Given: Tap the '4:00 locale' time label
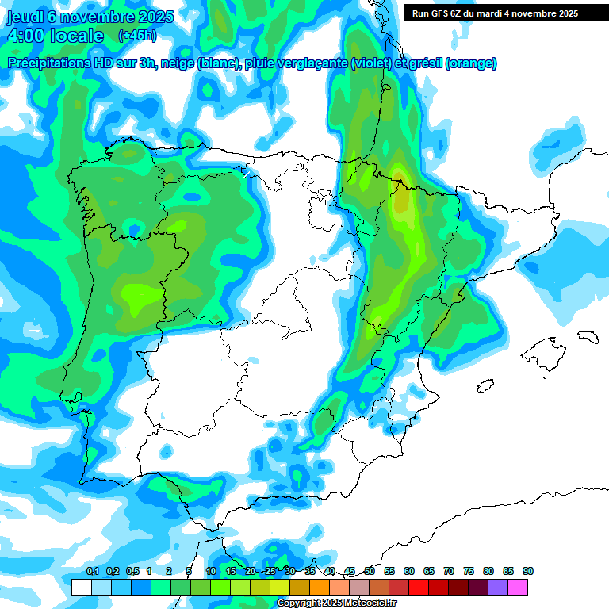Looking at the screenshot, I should click(x=55, y=36).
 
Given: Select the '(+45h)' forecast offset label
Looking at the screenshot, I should click(x=137, y=36).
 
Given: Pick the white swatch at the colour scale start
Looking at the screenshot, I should click(x=81, y=587).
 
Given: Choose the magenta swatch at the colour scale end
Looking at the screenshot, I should click(x=518, y=587).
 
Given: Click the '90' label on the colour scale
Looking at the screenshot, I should click(x=527, y=571).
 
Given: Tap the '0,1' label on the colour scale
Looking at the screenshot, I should click(x=92, y=571).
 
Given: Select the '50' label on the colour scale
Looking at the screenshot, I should click(x=370, y=571).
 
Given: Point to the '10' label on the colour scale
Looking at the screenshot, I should click(x=211, y=571).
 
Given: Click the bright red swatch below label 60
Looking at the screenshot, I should click(x=419, y=587).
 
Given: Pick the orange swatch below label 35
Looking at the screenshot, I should click(x=320, y=587).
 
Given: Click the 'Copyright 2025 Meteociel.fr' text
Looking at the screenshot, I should click(x=337, y=603).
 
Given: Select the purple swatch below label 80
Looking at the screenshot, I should click(x=498, y=587).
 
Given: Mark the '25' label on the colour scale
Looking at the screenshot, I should click(x=270, y=571).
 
